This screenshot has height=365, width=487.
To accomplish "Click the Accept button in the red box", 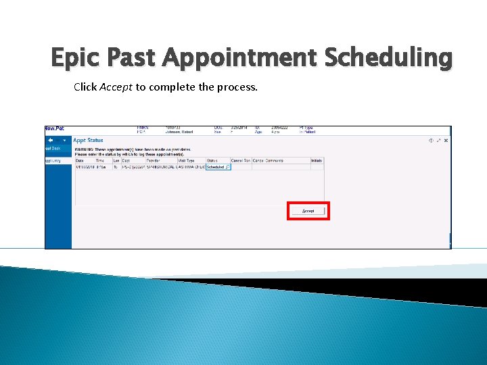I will (x=308, y=211).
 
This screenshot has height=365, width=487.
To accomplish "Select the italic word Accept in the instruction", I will (x=116, y=87).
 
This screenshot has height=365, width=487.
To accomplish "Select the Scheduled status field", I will (x=217, y=167).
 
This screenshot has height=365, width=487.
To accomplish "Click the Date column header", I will (x=80, y=160).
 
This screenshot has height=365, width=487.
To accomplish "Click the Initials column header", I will (x=317, y=160).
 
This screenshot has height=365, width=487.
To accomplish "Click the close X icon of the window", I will (x=446, y=140).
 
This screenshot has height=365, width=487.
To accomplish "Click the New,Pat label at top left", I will (x=55, y=128).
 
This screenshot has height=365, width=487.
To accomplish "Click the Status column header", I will (x=212, y=160).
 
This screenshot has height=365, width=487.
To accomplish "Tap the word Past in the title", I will (x=134, y=59).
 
